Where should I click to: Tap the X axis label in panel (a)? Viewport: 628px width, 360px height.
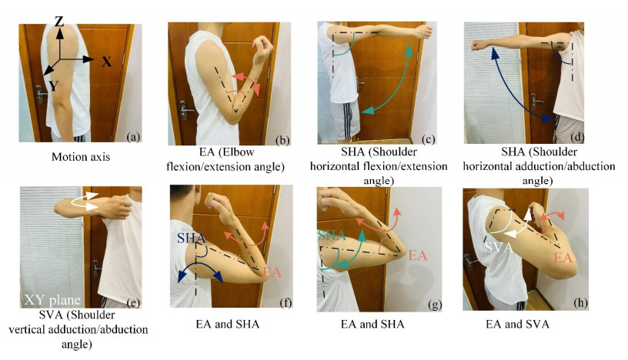106,62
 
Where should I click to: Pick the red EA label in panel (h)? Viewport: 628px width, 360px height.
564,258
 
